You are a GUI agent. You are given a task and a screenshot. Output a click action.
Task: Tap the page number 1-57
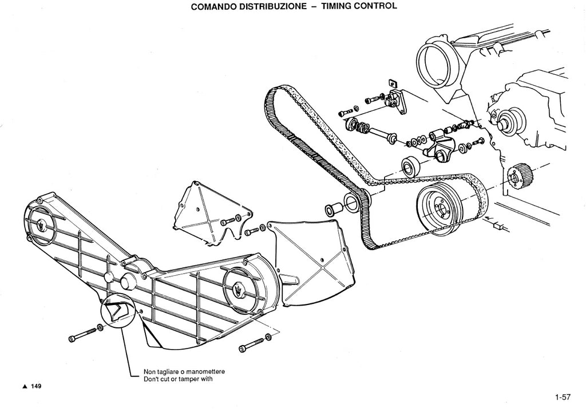tap(563, 397)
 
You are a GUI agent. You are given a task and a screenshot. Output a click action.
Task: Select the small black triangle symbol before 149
tap(25, 387)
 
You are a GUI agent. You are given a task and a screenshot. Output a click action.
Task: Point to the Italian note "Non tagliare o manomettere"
tap(179, 371)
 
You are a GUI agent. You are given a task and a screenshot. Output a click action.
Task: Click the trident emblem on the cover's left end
tap(41, 225)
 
